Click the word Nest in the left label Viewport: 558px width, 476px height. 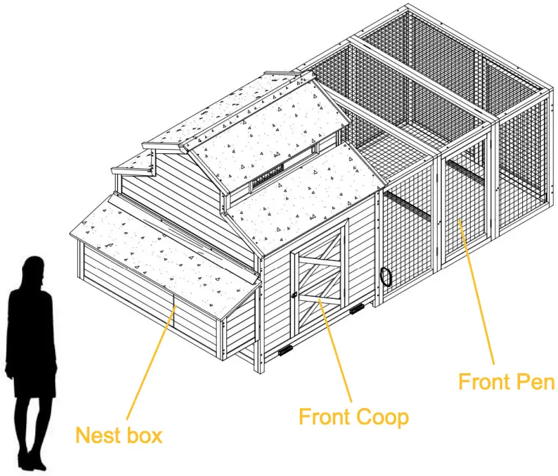click(94, 435)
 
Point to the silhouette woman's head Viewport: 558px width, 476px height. click(32, 269)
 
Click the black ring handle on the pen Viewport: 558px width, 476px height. click(386, 276)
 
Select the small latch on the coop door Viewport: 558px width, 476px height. click(294, 295)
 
